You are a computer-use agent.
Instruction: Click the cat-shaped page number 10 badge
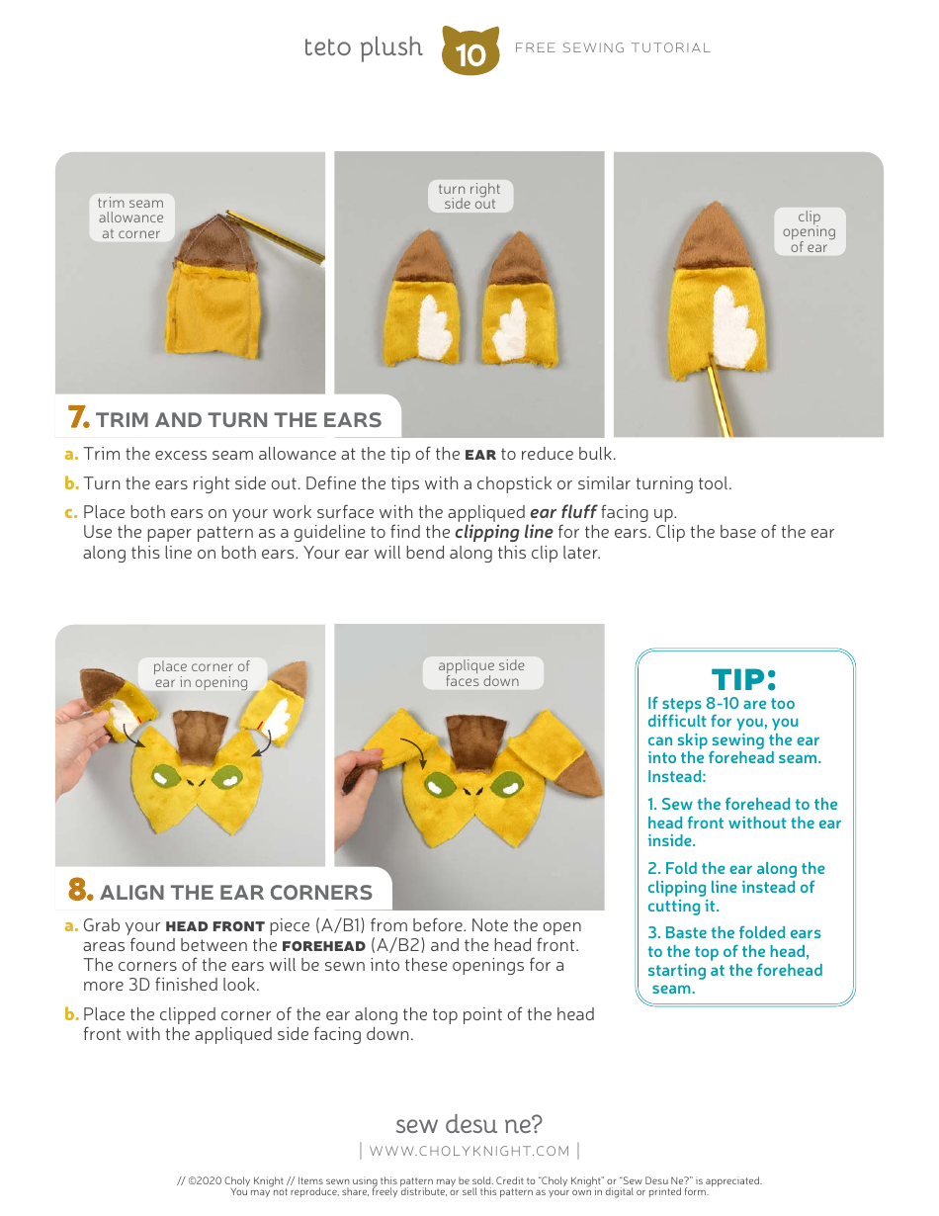pyautogui.click(x=470, y=51)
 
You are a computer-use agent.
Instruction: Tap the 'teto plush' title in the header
pyautogui.click(x=363, y=47)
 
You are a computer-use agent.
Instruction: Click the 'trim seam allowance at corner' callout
pyautogui.click(x=130, y=218)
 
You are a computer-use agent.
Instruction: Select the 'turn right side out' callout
pyautogui.click(x=469, y=196)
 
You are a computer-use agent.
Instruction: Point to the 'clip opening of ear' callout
pyautogui.click(x=809, y=232)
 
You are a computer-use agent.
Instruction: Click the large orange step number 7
pyautogui.click(x=78, y=418)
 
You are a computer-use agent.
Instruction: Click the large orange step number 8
pyautogui.click(x=80, y=891)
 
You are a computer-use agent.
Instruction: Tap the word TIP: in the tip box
pyautogui.click(x=744, y=679)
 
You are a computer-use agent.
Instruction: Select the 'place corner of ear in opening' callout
pyautogui.click(x=202, y=674)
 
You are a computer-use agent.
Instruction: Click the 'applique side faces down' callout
pyautogui.click(x=481, y=673)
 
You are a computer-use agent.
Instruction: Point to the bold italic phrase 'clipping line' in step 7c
pyautogui.click(x=503, y=532)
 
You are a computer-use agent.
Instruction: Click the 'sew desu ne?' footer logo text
pyautogui.click(x=469, y=1124)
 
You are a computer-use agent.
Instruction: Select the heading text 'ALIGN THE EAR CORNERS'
pyautogui.click(x=236, y=893)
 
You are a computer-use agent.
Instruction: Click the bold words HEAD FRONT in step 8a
pyautogui.click(x=214, y=926)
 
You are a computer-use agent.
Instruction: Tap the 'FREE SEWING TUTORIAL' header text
pyautogui.click(x=613, y=47)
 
